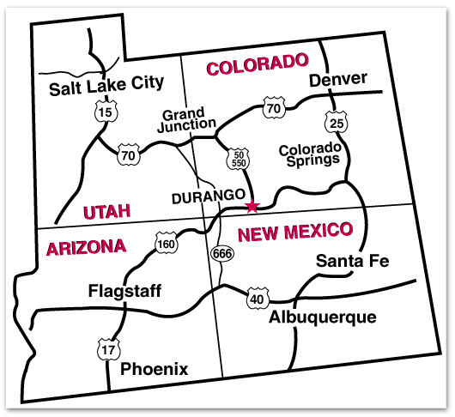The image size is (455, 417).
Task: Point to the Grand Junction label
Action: pyautogui.click(x=185, y=119)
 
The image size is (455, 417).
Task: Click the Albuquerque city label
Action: pyautogui.click(x=322, y=317)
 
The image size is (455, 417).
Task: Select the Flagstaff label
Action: pyautogui.click(x=124, y=291)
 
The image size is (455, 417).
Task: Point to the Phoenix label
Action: pyautogui.click(x=154, y=369)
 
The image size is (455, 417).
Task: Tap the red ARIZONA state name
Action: pyautogui.click(x=86, y=248)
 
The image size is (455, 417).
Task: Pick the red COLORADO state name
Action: pyautogui.click(x=257, y=64)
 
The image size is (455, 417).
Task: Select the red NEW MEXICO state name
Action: pyautogui.click(x=294, y=232)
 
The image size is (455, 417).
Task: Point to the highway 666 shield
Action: pyautogui.click(x=221, y=254)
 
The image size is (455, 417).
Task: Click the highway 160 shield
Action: pyautogui.click(x=166, y=245)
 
